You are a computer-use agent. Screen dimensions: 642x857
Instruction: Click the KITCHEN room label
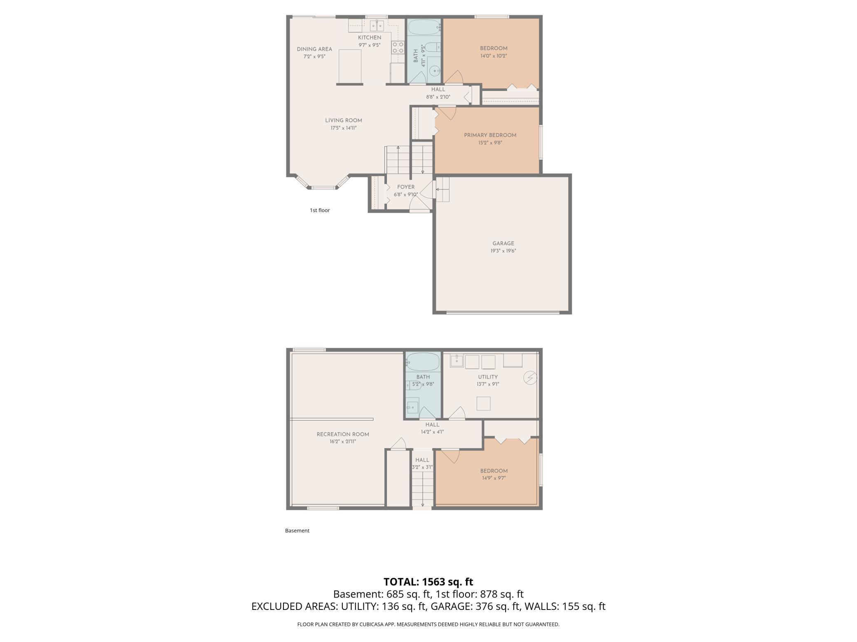click(369, 37)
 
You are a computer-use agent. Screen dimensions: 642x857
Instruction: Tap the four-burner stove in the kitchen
click(398, 47)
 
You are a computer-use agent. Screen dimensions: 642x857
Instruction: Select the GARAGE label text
click(503, 243)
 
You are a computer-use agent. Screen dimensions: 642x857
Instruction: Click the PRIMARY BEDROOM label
click(490, 135)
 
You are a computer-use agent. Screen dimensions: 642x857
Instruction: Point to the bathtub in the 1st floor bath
click(424, 28)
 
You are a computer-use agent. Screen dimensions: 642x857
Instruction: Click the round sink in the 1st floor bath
click(434, 71)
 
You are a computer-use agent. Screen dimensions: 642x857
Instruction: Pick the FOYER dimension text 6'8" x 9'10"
click(405, 195)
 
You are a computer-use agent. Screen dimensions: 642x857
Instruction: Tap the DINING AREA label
click(314, 49)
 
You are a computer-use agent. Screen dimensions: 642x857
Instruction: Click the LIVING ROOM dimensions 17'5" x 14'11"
click(343, 128)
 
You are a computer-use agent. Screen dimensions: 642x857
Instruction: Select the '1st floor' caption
click(320, 210)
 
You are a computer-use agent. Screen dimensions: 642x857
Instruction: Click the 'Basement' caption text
click(297, 530)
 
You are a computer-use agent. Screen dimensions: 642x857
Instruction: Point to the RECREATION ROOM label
click(343, 434)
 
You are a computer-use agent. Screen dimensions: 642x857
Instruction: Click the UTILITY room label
click(488, 377)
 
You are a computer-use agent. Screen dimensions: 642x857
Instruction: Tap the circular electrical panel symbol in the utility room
click(530, 377)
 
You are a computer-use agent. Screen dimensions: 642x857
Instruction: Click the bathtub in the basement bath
click(423, 362)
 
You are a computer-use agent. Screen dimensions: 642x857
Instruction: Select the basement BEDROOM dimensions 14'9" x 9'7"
click(493, 478)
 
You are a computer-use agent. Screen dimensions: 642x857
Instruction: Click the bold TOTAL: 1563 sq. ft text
click(428, 582)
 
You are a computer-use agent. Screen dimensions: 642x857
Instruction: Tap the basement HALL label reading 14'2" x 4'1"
click(432, 432)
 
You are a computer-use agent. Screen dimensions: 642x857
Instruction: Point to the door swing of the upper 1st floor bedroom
click(454, 78)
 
